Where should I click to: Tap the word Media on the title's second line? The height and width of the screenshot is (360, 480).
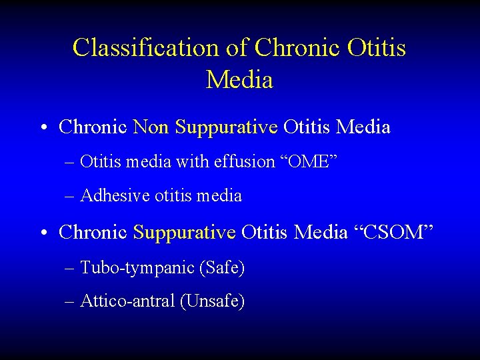click(x=239, y=80)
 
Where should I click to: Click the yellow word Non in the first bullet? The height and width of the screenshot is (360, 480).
click(x=151, y=127)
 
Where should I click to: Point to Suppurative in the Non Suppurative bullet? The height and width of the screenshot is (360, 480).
click(x=226, y=127)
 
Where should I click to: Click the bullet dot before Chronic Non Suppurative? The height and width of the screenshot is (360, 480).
click(x=44, y=127)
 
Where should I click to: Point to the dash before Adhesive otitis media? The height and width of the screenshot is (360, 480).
click(x=70, y=197)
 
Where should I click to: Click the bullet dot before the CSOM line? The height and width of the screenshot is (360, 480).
click(x=44, y=233)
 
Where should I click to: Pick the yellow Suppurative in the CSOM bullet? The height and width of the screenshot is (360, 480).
click(x=185, y=233)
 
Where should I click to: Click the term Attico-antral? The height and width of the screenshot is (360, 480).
click(x=127, y=301)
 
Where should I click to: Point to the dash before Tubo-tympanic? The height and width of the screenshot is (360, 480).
click(x=70, y=269)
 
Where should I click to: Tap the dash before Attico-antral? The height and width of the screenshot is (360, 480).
click(x=70, y=302)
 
